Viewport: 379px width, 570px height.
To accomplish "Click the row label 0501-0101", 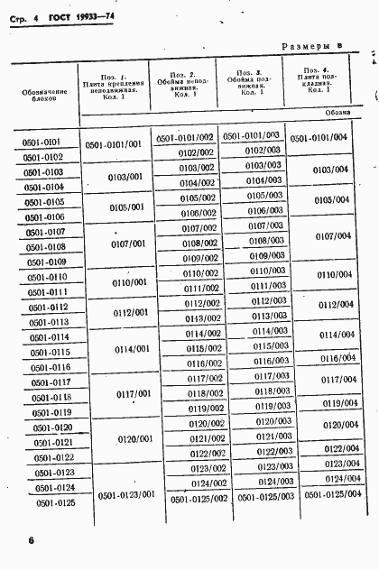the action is [x=41, y=142].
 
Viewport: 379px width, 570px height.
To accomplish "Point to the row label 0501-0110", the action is [x=47, y=277].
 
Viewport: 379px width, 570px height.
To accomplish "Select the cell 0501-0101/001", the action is [x=114, y=144].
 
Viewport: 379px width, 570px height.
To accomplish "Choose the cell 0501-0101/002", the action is [x=184, y=138].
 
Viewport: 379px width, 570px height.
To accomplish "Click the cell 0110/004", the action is [x=334, y=274].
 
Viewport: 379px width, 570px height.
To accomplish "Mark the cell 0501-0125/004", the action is [x=333, y=494].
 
